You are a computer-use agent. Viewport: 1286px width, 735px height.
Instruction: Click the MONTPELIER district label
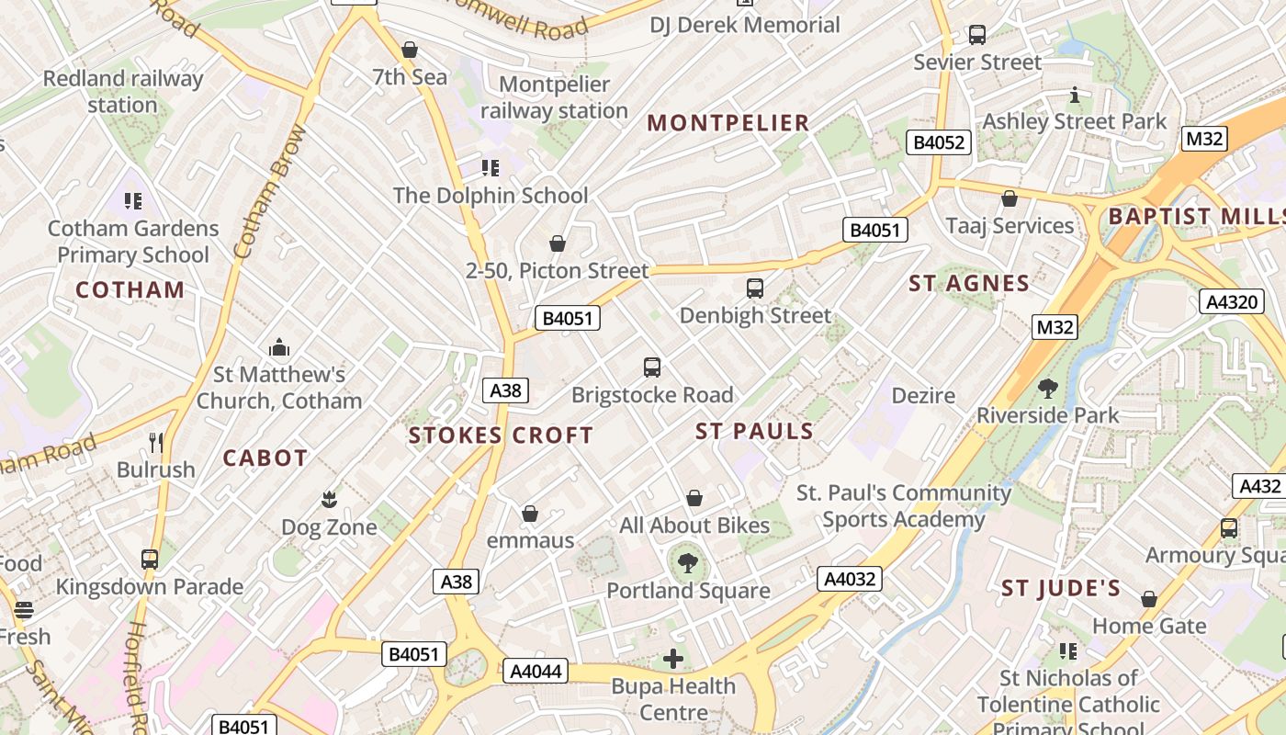728,122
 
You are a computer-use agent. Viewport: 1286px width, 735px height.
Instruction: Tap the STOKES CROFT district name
501,435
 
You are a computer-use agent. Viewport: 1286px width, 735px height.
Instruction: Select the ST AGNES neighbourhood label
969,283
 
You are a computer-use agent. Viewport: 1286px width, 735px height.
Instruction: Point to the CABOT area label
265,458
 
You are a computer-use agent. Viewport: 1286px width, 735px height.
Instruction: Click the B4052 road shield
938,142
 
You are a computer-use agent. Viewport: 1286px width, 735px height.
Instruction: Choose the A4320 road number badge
1231,301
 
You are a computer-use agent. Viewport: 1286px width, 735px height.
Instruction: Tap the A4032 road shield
850,579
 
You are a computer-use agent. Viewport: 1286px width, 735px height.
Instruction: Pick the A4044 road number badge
536,671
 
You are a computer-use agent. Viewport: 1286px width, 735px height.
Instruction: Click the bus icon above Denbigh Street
755,288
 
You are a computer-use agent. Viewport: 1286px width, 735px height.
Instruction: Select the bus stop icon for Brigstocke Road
652,367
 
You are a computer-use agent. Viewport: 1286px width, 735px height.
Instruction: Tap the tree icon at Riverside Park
1047,389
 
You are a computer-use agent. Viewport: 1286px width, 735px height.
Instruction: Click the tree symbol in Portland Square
688,563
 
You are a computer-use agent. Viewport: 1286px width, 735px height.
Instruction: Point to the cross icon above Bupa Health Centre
673,659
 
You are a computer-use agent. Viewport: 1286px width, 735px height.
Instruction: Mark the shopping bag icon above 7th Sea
410,50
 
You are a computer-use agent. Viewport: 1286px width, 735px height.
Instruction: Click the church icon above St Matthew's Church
279,347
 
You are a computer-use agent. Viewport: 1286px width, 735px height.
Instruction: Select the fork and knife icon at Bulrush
156,443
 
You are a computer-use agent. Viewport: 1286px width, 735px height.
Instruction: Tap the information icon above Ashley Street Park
1074,95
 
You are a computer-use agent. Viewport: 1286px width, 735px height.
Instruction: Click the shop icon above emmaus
530,514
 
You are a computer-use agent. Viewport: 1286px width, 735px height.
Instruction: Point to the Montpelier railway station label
554,97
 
